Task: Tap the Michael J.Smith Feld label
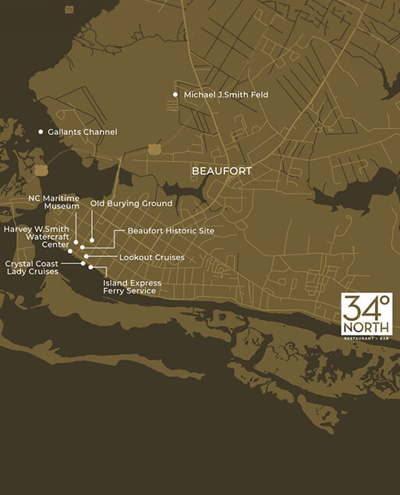click(x=226, y=95)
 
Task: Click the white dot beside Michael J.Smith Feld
click(x=175, y=95)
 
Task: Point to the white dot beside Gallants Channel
click(x=41, y=132)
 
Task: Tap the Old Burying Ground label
click(x=131, y=203)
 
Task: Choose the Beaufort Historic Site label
click(x=170, y=231)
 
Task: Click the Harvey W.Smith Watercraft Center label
click(x=36, y=235)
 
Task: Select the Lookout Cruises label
click(x=151, y=257)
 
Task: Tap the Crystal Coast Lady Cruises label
click(x=33, y=268)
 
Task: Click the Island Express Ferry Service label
click(x=132, y=287)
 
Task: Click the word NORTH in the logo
click(x=366, y=329)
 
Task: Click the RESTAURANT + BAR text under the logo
click(x=366, y=340)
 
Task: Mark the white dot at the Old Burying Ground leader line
click(x=92, y=240)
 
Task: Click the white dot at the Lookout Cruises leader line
click(x=87, y=256)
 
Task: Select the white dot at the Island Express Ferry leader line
click(x=91, y=267)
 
